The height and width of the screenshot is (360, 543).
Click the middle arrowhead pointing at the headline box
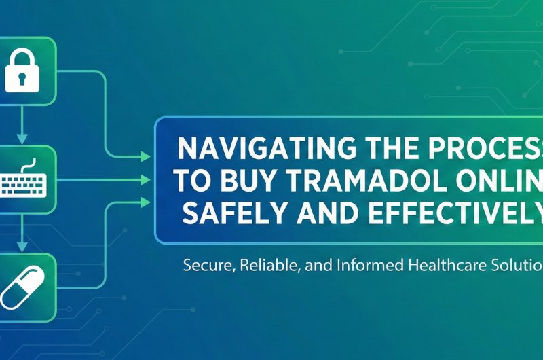pos(145,181)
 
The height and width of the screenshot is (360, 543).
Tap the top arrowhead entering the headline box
pos(145,158)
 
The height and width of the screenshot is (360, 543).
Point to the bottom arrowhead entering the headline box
pos(145,202)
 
